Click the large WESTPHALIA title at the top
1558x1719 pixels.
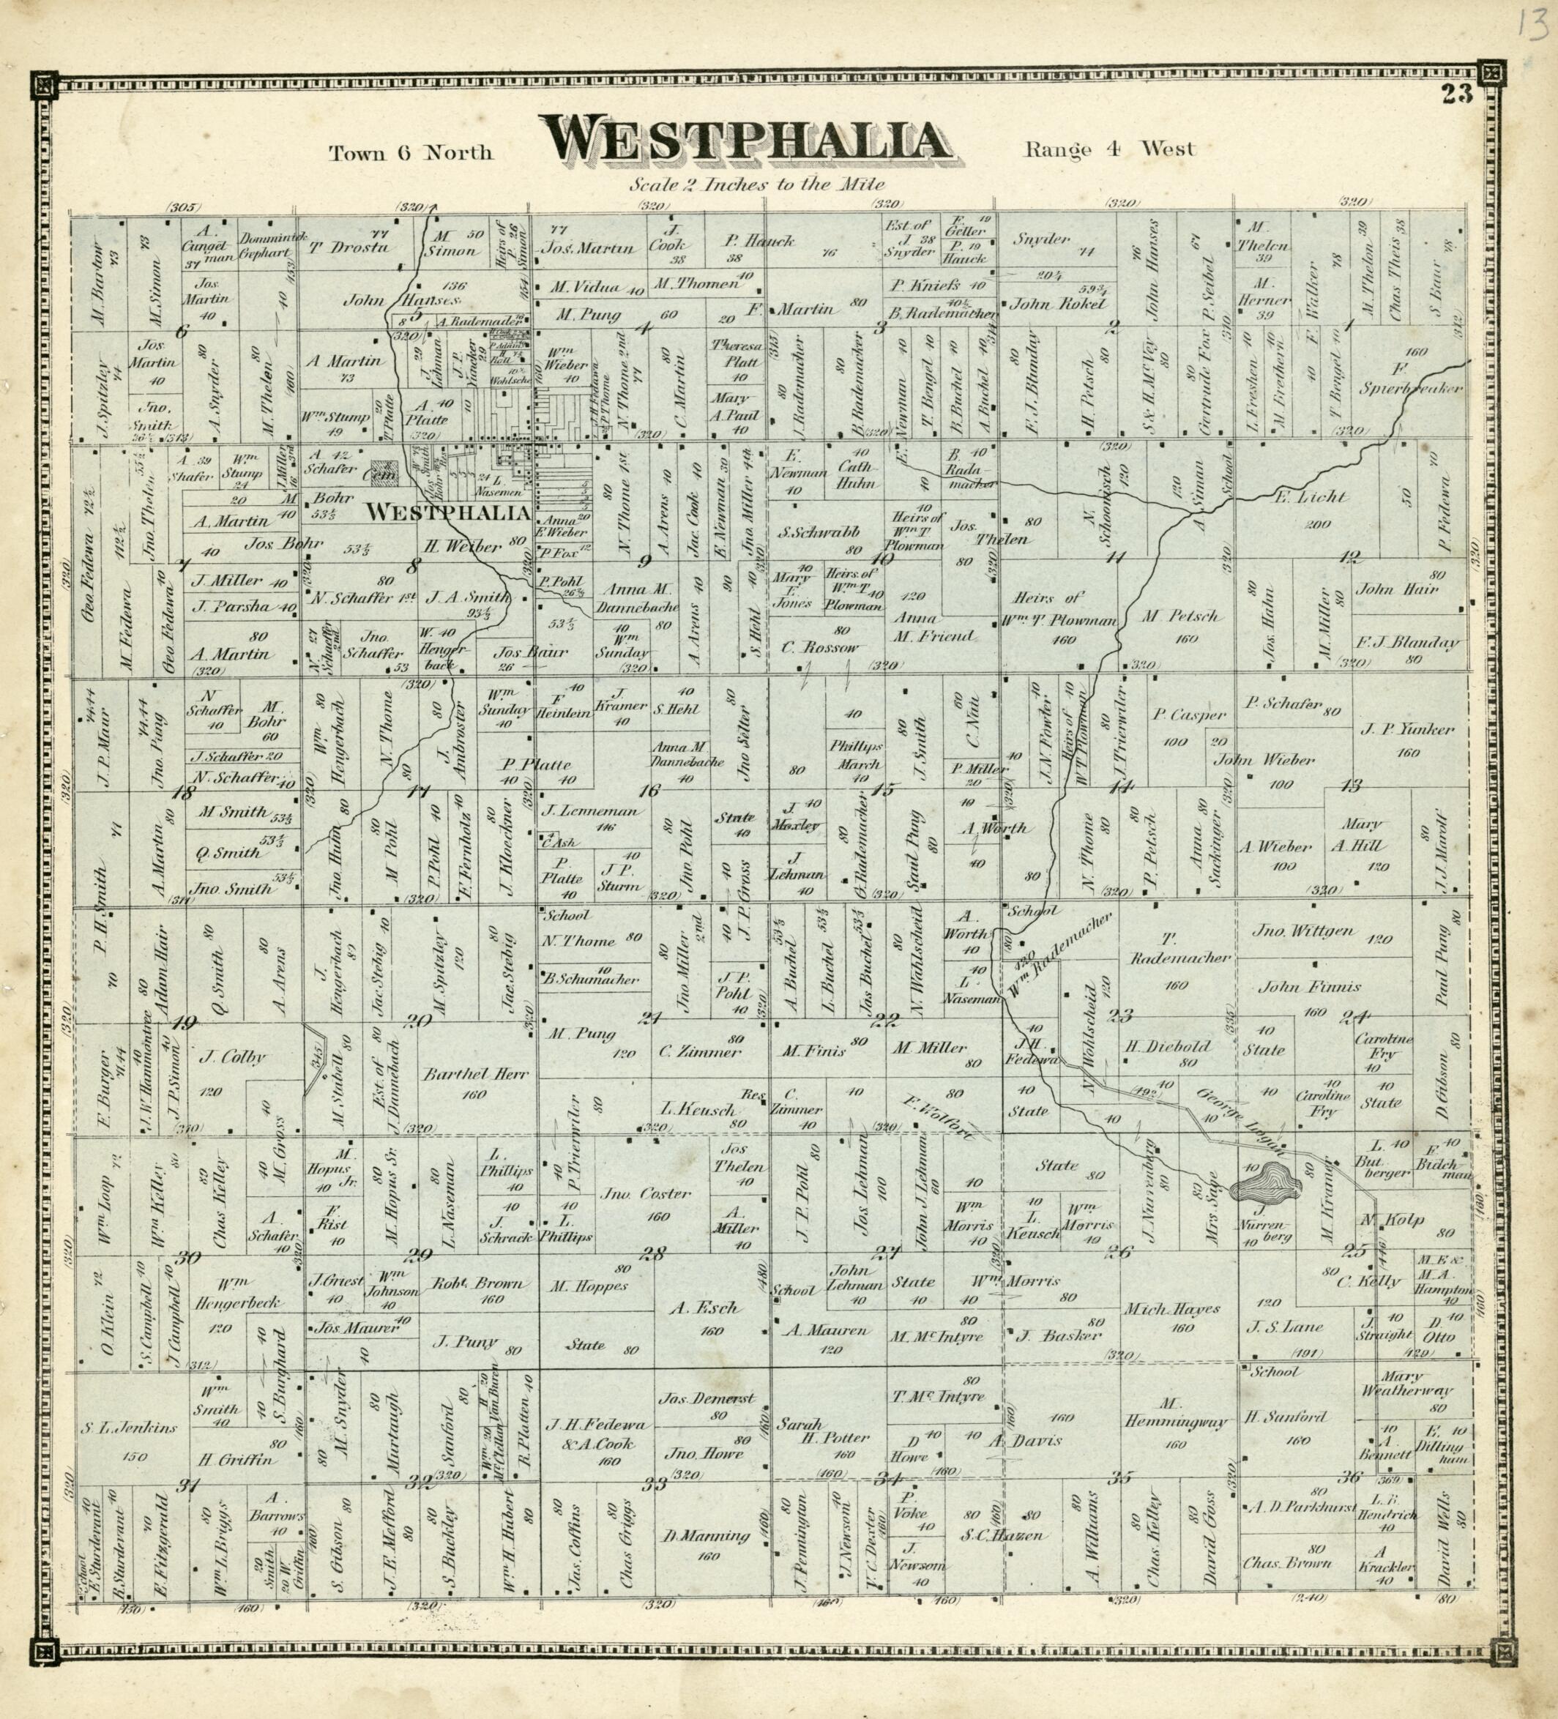pyautogui.click(x=747, y=141)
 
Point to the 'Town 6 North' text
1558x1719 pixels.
pyautogui.click(x=411, y=152)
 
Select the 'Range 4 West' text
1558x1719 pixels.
pyautogui.click(x=1109, y=149)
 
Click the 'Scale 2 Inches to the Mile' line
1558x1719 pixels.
pyautogui.click(x=757, y=184)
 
